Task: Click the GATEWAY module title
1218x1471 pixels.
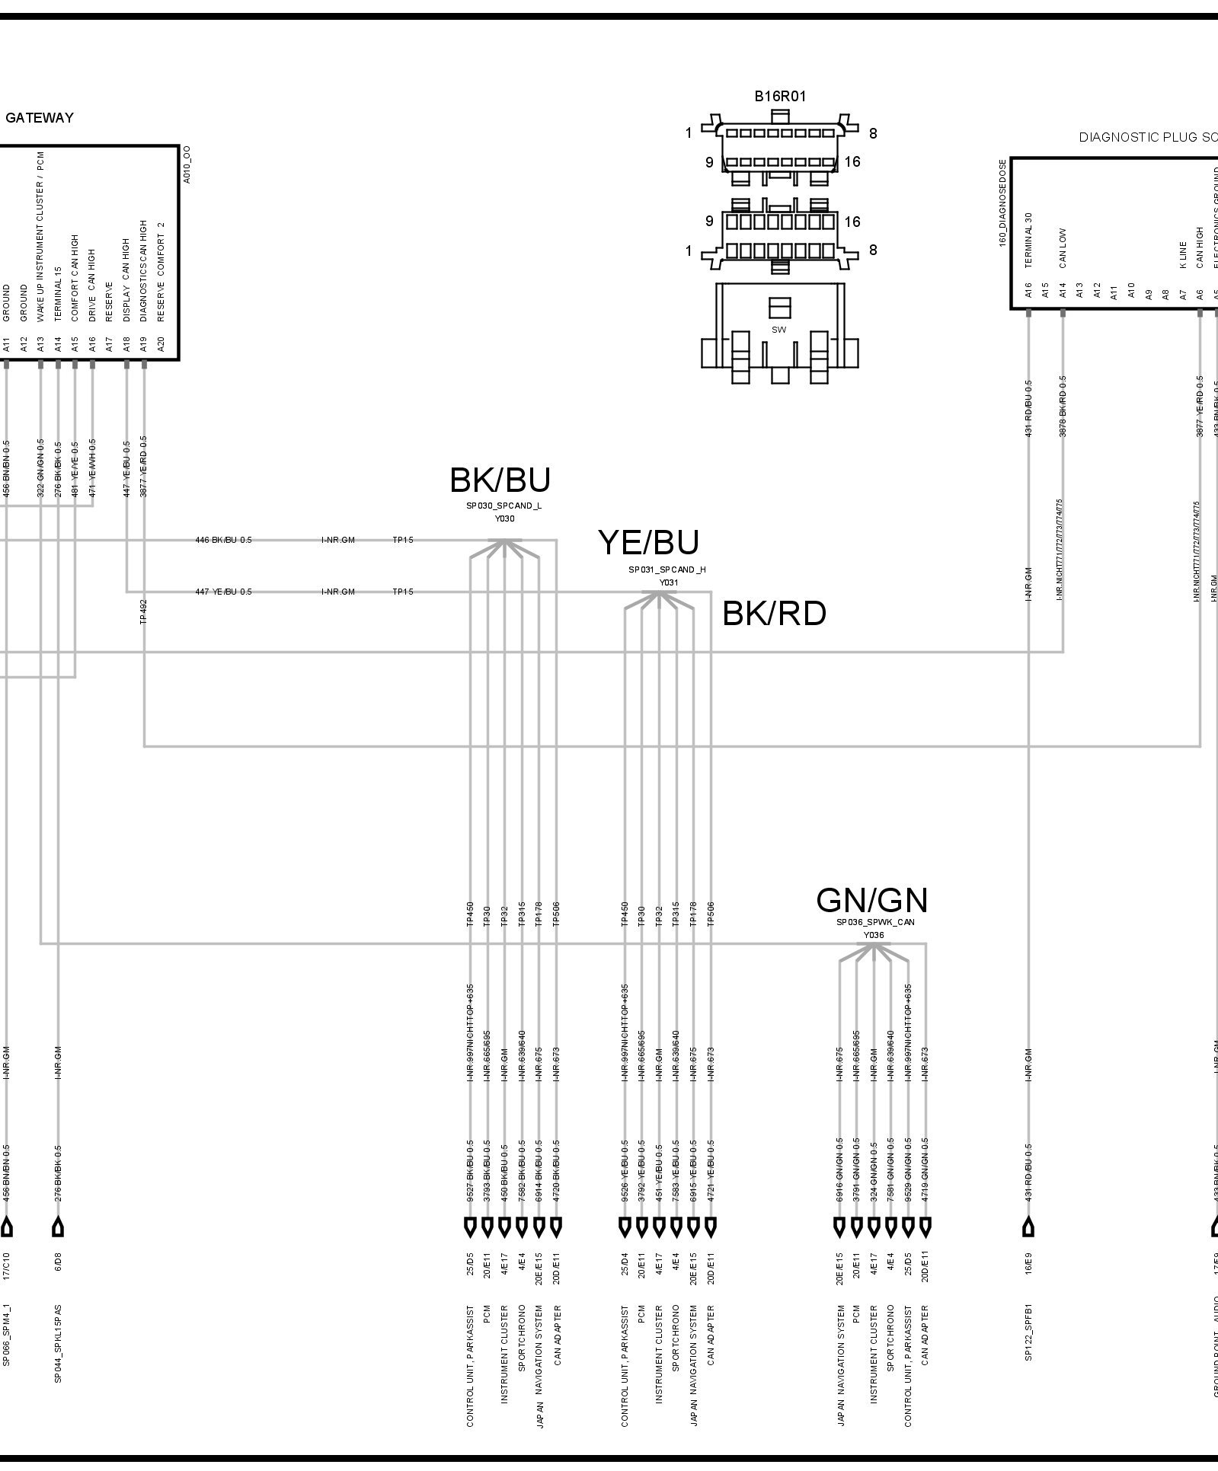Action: point(40,118)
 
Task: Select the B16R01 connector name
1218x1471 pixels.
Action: point(780,97)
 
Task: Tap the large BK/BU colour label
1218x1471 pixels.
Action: point(500,480)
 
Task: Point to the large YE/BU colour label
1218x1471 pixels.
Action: point(648,543)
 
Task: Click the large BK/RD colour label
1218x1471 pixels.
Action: point(774,614)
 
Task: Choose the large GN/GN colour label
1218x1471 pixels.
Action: point(872,901)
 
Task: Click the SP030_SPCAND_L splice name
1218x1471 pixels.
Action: point(504,506)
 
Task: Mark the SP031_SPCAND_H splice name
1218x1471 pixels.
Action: point(667,570)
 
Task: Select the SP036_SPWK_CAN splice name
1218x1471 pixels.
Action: point(875,922)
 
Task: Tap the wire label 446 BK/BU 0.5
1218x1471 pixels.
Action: point(223,541)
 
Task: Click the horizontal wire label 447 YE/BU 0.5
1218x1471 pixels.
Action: point(223,592)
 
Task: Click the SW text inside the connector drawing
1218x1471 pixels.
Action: point(778,330)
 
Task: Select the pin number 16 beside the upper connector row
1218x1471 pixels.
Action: point(852,162)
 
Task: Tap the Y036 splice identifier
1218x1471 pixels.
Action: point(874,935)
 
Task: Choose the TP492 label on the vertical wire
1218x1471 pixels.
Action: point(144,611)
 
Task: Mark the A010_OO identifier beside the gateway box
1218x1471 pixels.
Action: point(187,164)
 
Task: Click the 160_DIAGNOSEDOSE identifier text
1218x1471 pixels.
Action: point(1003,203)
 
